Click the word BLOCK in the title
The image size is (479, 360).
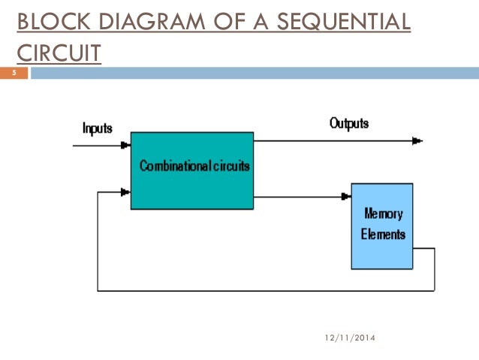click(47, 23)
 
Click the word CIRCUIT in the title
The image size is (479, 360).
click(59, 54)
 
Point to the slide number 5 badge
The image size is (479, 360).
click(14, 74)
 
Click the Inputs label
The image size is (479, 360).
click(97, 128)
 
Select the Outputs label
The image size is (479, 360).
click(349, 123)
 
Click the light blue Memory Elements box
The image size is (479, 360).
click(382, 225)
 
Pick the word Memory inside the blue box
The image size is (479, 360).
click(383, 213)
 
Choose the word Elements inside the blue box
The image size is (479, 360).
click(383, 234)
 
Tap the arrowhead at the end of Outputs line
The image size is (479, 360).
click(417, 141)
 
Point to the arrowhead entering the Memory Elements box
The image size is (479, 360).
click(346, 196)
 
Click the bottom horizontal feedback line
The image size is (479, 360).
click(263, 289)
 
